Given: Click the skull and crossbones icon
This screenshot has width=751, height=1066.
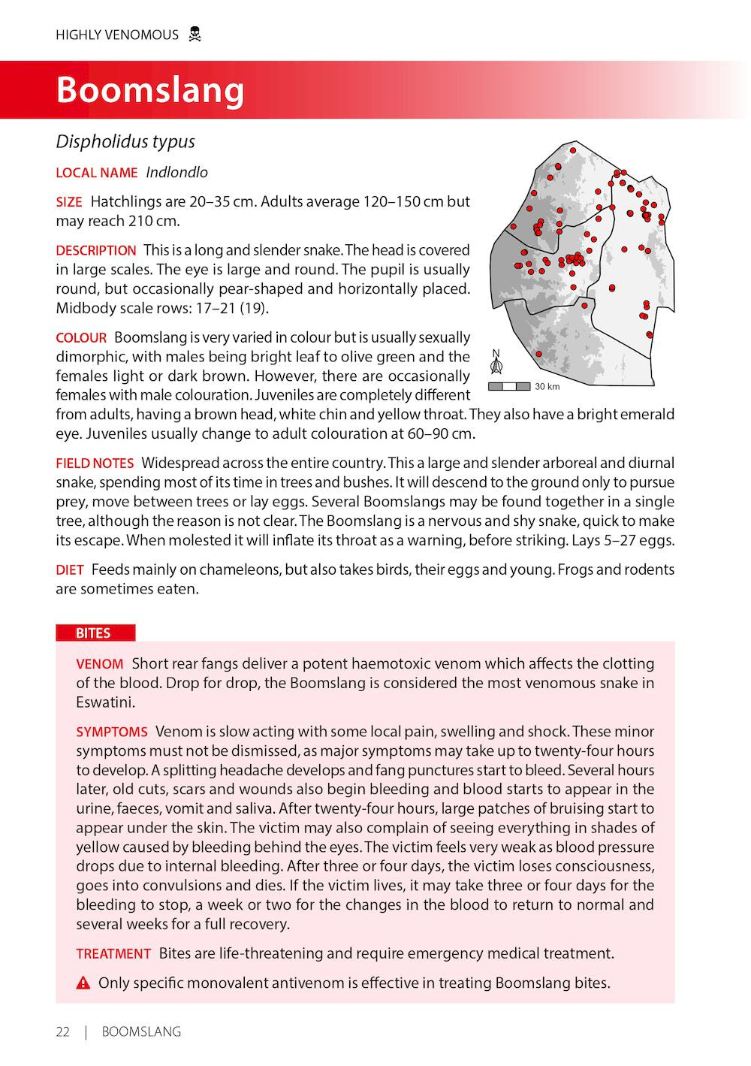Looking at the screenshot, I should (195, 35).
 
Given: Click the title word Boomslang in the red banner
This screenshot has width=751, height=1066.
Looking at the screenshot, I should (150, 90).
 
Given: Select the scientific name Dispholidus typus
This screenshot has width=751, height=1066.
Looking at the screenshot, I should (125, 142).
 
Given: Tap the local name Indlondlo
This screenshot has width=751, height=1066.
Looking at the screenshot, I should (176, 172).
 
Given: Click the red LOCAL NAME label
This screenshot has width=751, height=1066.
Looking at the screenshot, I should (96, 173).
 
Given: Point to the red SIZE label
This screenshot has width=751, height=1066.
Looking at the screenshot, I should (69, 202).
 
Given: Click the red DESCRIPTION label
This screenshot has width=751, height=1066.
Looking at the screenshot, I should (96, 251).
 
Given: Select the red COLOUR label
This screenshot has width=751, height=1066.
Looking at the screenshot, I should (81, 338).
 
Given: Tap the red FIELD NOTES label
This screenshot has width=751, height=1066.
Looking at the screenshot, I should (95, 464).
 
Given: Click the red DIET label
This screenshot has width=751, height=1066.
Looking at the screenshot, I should (70, 570).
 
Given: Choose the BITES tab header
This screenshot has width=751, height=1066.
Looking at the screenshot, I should (93, 633).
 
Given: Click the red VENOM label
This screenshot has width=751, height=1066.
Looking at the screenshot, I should (99, 664).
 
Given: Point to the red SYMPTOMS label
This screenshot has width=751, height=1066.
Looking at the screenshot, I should (112, 732).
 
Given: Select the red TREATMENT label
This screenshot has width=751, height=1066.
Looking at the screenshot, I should (113, 954).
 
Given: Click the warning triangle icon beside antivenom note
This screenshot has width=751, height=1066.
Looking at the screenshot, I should (83, 983).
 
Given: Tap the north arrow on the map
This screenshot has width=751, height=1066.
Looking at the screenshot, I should (496, 362).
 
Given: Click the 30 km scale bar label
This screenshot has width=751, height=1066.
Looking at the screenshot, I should (547, 387).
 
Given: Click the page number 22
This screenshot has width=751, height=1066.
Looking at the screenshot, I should (62, 1032).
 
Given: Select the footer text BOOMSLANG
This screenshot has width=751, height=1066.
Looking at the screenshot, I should (141, 1032).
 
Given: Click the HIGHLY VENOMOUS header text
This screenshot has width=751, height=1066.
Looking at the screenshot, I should (117, 35).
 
